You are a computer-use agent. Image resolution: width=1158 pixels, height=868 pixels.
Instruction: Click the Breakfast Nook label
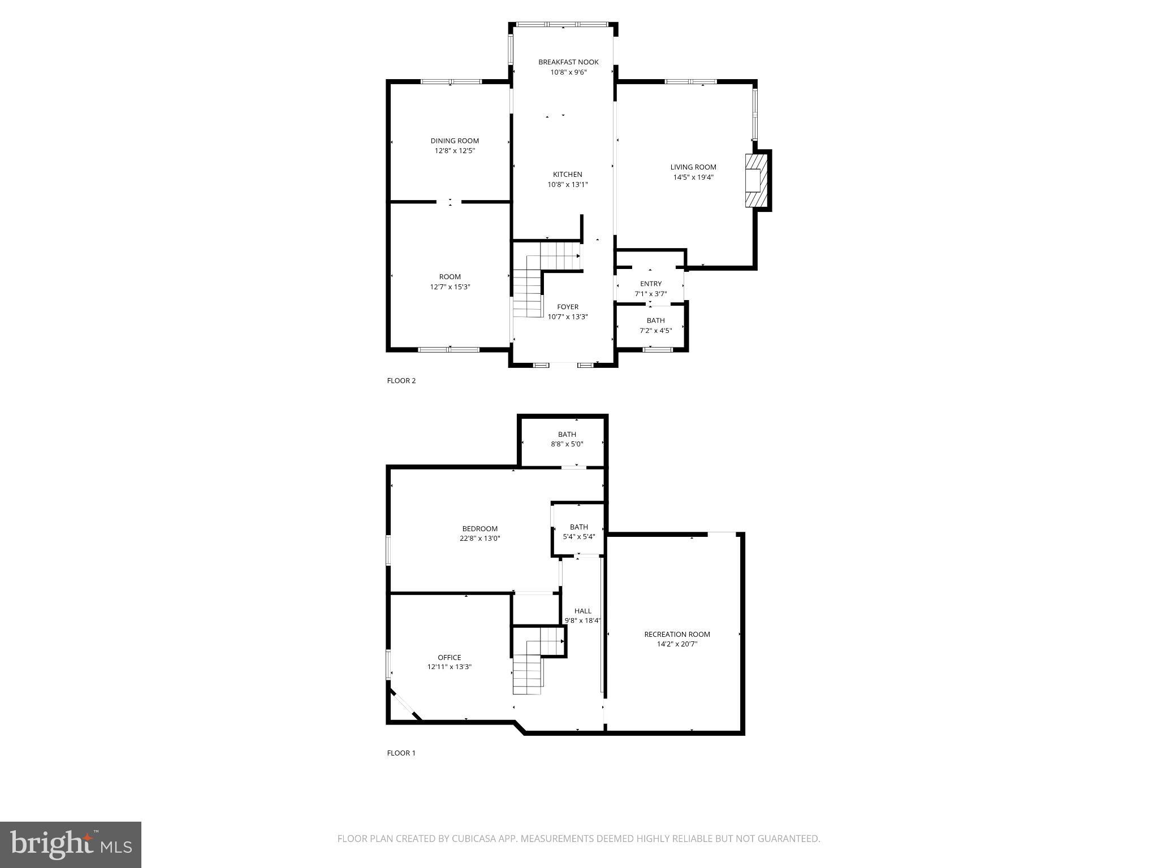click(568, 62)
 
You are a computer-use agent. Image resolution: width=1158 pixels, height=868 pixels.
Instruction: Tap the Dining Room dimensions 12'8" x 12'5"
click(455, 151)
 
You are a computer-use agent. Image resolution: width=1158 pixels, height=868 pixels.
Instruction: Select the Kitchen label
click(567, 175)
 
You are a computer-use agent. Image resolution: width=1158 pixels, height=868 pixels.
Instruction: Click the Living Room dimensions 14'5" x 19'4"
click(693, 177)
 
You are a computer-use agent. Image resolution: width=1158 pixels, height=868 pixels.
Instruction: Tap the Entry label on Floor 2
click(651, 284)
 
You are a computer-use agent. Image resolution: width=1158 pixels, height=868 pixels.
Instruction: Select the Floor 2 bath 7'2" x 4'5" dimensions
click(655, 331)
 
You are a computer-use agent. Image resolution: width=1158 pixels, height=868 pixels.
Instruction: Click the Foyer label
click(568, 307)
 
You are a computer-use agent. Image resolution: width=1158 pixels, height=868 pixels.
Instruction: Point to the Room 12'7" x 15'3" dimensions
click(450, 287)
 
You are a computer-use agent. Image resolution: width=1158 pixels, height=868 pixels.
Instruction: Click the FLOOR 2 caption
click(401, 381)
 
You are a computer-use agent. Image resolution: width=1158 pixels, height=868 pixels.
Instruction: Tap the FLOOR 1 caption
click(401, 753)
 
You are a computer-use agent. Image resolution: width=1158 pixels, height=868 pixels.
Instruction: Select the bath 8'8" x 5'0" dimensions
click(567, 444)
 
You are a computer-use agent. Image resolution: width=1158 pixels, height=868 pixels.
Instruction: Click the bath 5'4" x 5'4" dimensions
click(578, 537)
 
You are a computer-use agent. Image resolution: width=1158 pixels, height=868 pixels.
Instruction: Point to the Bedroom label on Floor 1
click(479, 529)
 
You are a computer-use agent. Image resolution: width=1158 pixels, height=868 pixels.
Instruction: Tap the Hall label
click(582, 611)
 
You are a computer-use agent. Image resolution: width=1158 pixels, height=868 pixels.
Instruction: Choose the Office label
click(449, 657)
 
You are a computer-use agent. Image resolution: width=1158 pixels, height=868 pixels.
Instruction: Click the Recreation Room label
click(677, 635)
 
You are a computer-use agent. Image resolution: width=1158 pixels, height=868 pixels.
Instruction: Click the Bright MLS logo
click(71, 844)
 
